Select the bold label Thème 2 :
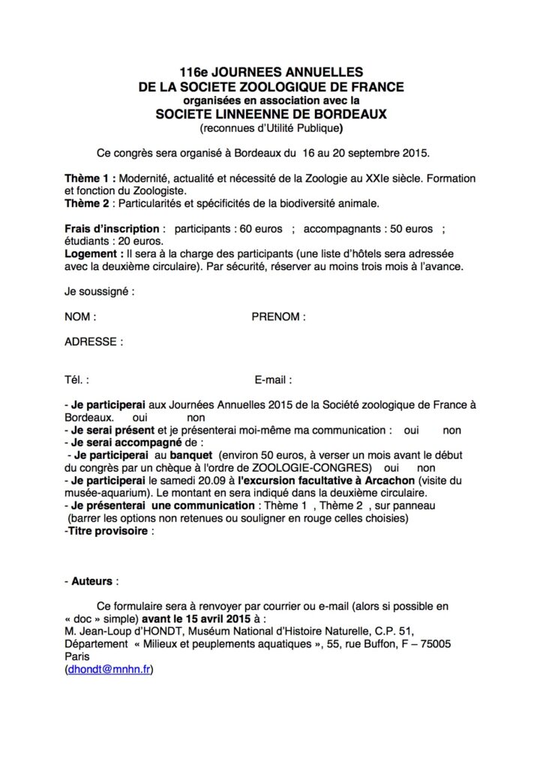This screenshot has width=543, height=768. pyautogui.click(x=92, y=203)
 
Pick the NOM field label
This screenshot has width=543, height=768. pyautogui.click(x=80, y=316)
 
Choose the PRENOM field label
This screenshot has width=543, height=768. pyautogui.click(x=278, y=316)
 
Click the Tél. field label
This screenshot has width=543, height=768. pyautogui.click(x=77, y=379)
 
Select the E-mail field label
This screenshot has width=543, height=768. pyautogui.click(x=273, y=379)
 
